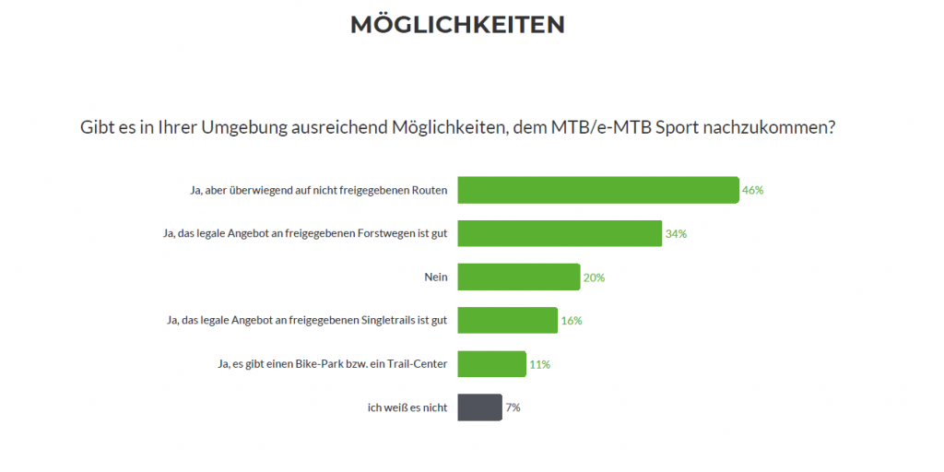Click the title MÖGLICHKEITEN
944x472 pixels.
click(x=457, y=25)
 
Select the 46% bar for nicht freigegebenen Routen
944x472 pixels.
click(x=598, y=190)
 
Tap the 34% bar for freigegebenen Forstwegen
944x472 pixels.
click(x=560, y=234)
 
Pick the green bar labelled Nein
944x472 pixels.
click(x=518, y=277)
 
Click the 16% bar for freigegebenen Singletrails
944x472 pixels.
click(x=507, y=321)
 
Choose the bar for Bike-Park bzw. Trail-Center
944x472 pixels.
click(x=491, y=364)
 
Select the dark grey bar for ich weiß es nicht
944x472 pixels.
click(x=479, y=407)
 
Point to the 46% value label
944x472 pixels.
click(x=753, y=191)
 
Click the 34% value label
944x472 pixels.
click(x=676, y=234)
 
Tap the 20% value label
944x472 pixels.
click(x=594, y=277)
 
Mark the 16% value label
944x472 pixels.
click(x=572, y=321)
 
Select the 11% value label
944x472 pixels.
click(x=539, y=364)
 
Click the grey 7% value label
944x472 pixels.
click(x=513, y=407)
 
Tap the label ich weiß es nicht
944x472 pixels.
click(x=407, y=407)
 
